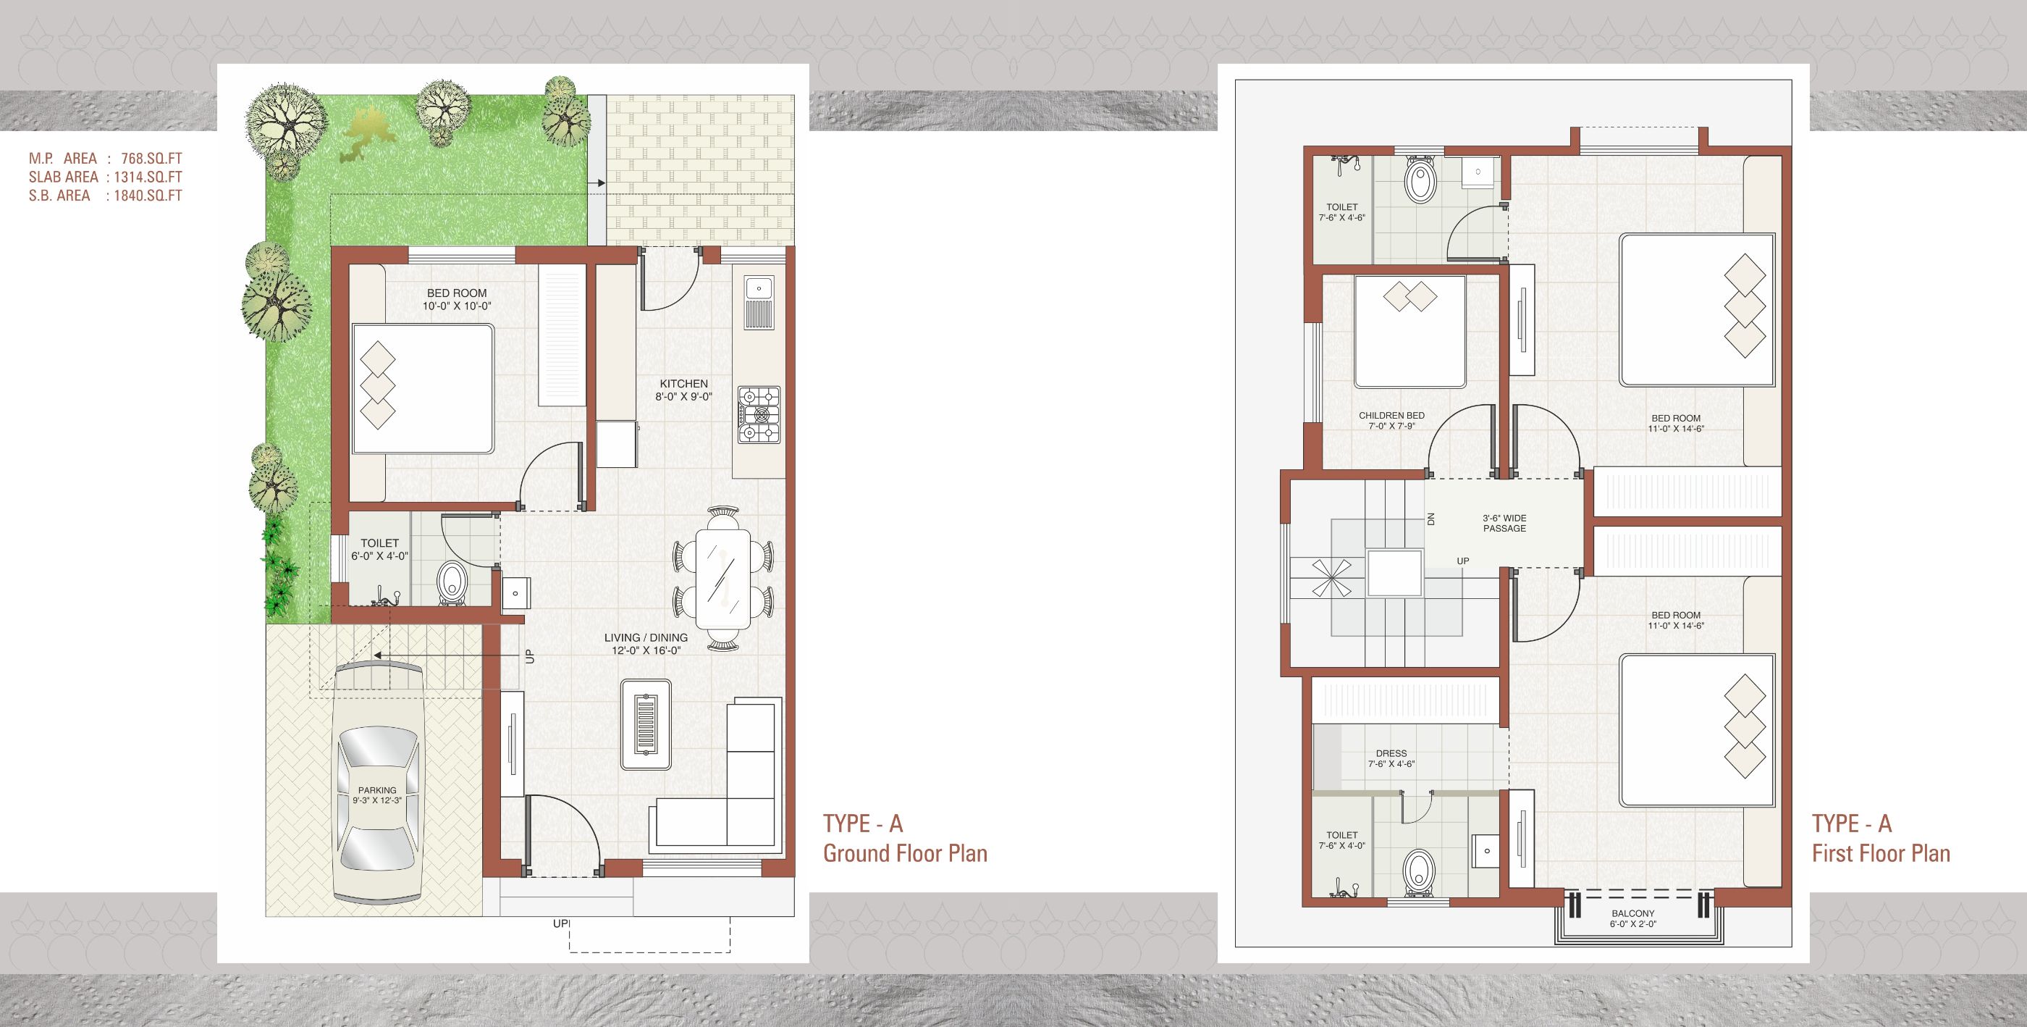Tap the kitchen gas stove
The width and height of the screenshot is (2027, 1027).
759,415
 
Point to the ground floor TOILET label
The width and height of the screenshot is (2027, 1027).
379,549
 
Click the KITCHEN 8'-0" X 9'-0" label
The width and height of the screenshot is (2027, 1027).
684,390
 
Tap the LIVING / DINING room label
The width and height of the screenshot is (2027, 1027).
646,644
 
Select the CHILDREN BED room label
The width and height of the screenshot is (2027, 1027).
1391,421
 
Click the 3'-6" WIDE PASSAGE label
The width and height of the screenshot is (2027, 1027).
1504,524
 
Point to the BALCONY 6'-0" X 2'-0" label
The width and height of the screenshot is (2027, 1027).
1632,919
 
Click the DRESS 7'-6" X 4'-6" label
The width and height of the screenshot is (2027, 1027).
1391,758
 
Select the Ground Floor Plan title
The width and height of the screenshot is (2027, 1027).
905,853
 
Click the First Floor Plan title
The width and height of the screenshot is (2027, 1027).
1881,853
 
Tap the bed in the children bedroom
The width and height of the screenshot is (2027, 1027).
1410,331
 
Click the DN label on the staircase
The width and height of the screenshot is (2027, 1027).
1431,519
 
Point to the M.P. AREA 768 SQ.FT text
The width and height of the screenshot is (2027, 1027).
106,159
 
